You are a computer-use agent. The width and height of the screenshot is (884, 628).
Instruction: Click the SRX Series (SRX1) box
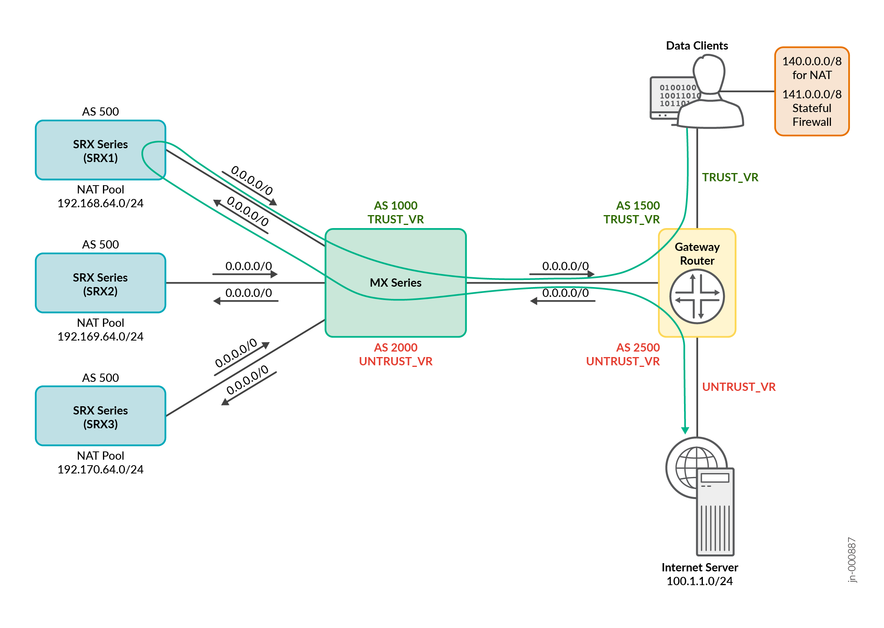(x=100, y=151)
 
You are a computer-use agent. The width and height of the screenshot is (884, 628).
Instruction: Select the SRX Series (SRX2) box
(x=100, y=284)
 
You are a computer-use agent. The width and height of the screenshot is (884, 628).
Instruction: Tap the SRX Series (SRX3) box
(x=100, y=416)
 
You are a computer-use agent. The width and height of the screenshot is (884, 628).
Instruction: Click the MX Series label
(x=395, y=283)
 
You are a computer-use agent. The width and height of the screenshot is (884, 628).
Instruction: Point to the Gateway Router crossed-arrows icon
(x=697, y=297)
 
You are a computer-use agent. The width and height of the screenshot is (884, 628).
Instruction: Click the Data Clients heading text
(x=697, y=46)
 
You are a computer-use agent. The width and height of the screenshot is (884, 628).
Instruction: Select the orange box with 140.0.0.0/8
(x=811, y=91)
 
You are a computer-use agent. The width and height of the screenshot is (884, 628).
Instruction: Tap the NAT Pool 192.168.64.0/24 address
(x=100, y=203)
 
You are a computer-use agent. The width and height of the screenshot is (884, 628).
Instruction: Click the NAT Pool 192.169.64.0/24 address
(x=100, y=337)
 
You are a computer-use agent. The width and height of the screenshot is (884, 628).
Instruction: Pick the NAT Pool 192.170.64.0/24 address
(x=100, y=470)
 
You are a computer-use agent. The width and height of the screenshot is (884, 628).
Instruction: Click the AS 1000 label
(x=395, y=206)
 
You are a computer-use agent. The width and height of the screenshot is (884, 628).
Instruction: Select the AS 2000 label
(x=395, y=348)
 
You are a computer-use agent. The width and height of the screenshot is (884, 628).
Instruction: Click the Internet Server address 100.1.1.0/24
(x=699, y=581)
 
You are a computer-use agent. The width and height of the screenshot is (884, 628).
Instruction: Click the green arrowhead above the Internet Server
(x=685, y=431)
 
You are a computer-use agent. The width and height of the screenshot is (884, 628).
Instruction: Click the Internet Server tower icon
(x=715, y=511)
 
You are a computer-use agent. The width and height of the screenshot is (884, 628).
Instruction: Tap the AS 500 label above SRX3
(x=100, y=378)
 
